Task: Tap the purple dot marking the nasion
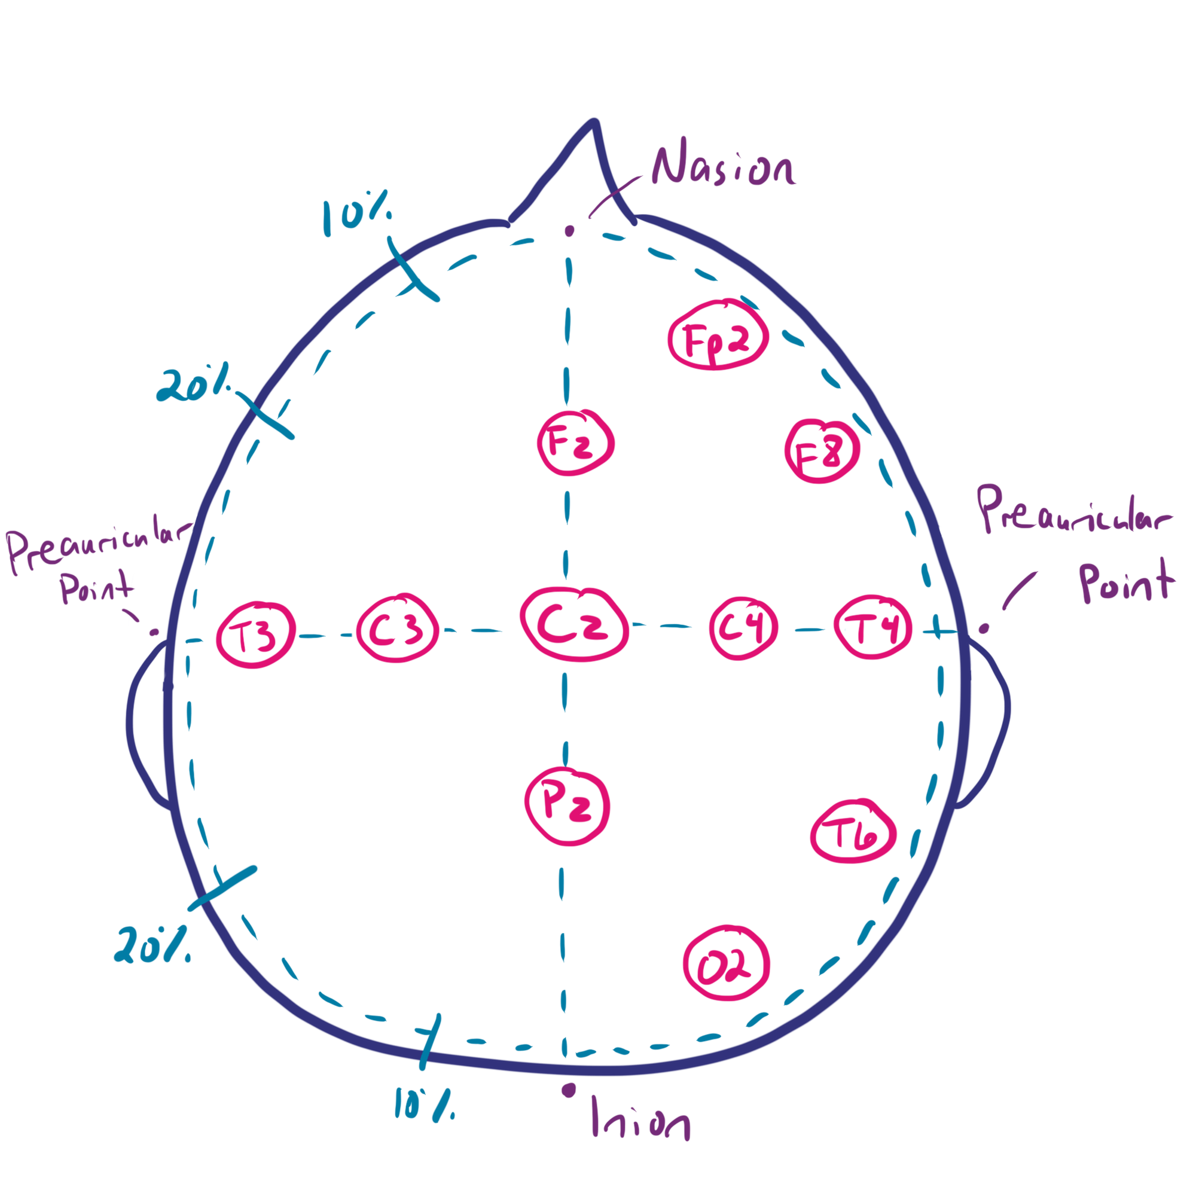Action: click(569, 231)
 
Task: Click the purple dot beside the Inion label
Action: click(568, 1090)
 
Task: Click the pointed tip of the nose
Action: click(594, 121)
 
